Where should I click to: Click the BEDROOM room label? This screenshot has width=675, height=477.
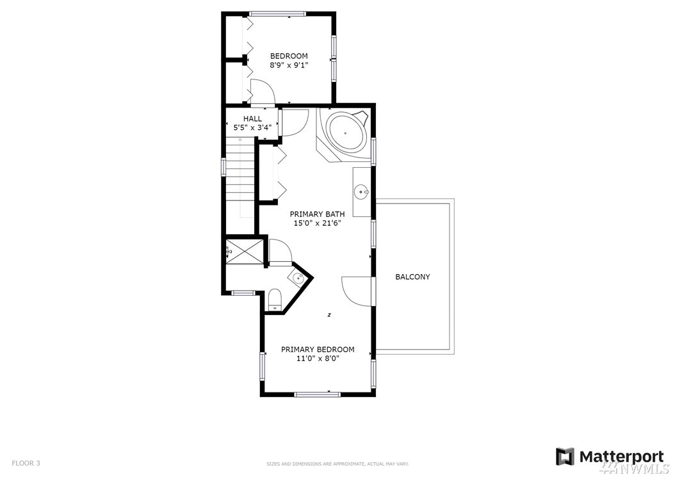click(x=289, y=56)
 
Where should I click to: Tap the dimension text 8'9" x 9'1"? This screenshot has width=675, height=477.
click(x=289, y=65)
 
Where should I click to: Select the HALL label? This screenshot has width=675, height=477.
click(x=252, y=118)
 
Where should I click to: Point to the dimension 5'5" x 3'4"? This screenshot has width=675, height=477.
click(x=252, y=127)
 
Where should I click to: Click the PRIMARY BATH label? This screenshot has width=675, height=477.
click(x=317, y=214)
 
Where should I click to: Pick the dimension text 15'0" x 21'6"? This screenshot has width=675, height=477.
click(x=317, y=223)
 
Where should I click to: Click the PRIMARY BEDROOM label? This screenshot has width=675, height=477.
click(x=318, y=349)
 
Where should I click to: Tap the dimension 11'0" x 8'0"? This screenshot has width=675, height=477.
click(x=318, y=359)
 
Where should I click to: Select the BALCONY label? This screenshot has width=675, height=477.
click(x=412, y=277)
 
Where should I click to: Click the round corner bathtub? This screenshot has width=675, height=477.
click(x=346, y=133)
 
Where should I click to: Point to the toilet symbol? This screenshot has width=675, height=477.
click(x=275, y=300)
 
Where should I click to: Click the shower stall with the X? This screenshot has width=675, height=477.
click(x=244, y=252)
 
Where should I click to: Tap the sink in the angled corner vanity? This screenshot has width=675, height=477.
click(x=298, y=279)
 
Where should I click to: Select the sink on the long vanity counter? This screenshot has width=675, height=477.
click(x=361, y=191)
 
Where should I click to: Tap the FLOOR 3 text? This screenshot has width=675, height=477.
click(x=26, y=463)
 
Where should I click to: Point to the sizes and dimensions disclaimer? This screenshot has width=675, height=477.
click(x=337, y=464)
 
